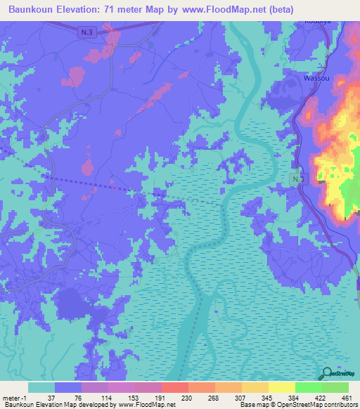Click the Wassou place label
tap(315, 79)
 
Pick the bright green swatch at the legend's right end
tap(335, 387)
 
